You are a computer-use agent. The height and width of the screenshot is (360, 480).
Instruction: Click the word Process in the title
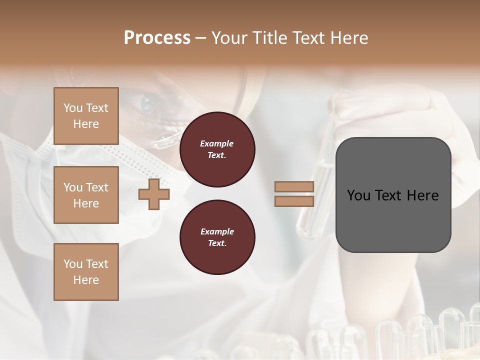pyautogui.click(x=157, y=38)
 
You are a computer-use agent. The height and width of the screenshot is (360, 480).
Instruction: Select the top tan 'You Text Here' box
pyautogui.click(x=86, y=116)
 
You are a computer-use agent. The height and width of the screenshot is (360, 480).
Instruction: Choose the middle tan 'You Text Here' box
pyautogui.click(x=86, y=195)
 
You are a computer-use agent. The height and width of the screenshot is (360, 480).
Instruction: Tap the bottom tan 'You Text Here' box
pyautogui.click(x=86, y=272)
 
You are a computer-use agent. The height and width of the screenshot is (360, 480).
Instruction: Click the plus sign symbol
pyautogui.click(x=154, y=194)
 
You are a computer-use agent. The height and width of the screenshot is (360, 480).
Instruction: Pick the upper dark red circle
pyautogui.click(x=217, y=149)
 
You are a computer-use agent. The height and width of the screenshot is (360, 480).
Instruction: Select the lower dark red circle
pyautogui.click(x=217, y=237)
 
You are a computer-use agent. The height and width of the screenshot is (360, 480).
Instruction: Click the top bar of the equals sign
pyautogui.click(x=294, y=187)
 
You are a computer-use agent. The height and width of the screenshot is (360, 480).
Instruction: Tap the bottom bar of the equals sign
pyautogui.click(x=294, y=201)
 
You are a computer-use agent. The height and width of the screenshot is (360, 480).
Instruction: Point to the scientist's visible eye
pyautogui.click(x=147, y=104)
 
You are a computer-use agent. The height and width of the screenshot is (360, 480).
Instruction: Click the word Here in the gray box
pyautogui.click(x=422, y=195)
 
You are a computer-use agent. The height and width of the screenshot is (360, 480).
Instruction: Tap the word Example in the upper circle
pyautogui.click(x=217, y=143)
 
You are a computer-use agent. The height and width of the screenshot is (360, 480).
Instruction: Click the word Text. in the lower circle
pyautogui.click(x=217, y=243)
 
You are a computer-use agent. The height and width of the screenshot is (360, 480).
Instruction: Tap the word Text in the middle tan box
pyautogui.click(x=97, y=187)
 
